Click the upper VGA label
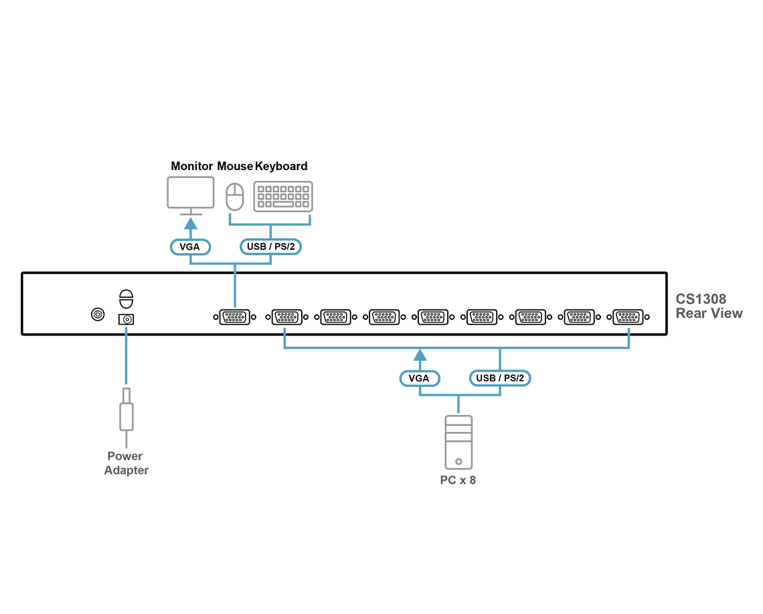click(191, 246)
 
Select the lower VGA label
click(419, 378)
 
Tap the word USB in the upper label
click(256, 246)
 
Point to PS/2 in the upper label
click(284, 246)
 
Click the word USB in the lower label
click(485, 378)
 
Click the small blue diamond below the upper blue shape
click(235, 291)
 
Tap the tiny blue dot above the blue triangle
click(126, 328)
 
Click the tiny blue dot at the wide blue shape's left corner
click(285, 329)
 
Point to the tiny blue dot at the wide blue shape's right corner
click(628, 329)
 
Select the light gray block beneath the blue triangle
click(126, 408)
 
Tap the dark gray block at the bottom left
click(126, 462)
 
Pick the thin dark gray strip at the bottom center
click(458, 479)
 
